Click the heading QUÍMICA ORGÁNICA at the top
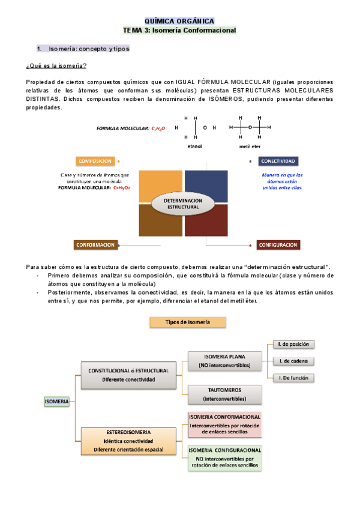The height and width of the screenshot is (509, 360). click(179, 20)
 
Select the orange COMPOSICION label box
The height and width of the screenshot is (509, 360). click(94, 161)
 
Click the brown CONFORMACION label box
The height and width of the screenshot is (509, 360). click(95, 244)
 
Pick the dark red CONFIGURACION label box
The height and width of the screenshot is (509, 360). click(278, 245)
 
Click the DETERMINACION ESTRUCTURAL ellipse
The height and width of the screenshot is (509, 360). click(183, 203)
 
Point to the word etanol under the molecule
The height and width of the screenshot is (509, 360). click(195, 146)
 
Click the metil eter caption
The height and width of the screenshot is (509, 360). click(250, 146)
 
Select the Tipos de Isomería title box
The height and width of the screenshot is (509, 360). click(188, 322)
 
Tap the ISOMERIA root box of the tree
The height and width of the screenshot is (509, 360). click(57, 401)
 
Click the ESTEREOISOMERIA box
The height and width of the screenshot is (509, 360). click(129, 441)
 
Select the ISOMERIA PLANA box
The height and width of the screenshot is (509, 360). click(224, 360)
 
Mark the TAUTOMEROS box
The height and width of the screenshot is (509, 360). click(224, 394)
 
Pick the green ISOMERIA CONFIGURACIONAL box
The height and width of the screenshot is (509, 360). click(224, 457)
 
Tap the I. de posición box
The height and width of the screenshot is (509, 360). click(293, 345)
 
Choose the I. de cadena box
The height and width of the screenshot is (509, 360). click(293, 361)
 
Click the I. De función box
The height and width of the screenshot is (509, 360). click(293, 378)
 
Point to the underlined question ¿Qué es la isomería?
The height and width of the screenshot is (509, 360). click(56, 65)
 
